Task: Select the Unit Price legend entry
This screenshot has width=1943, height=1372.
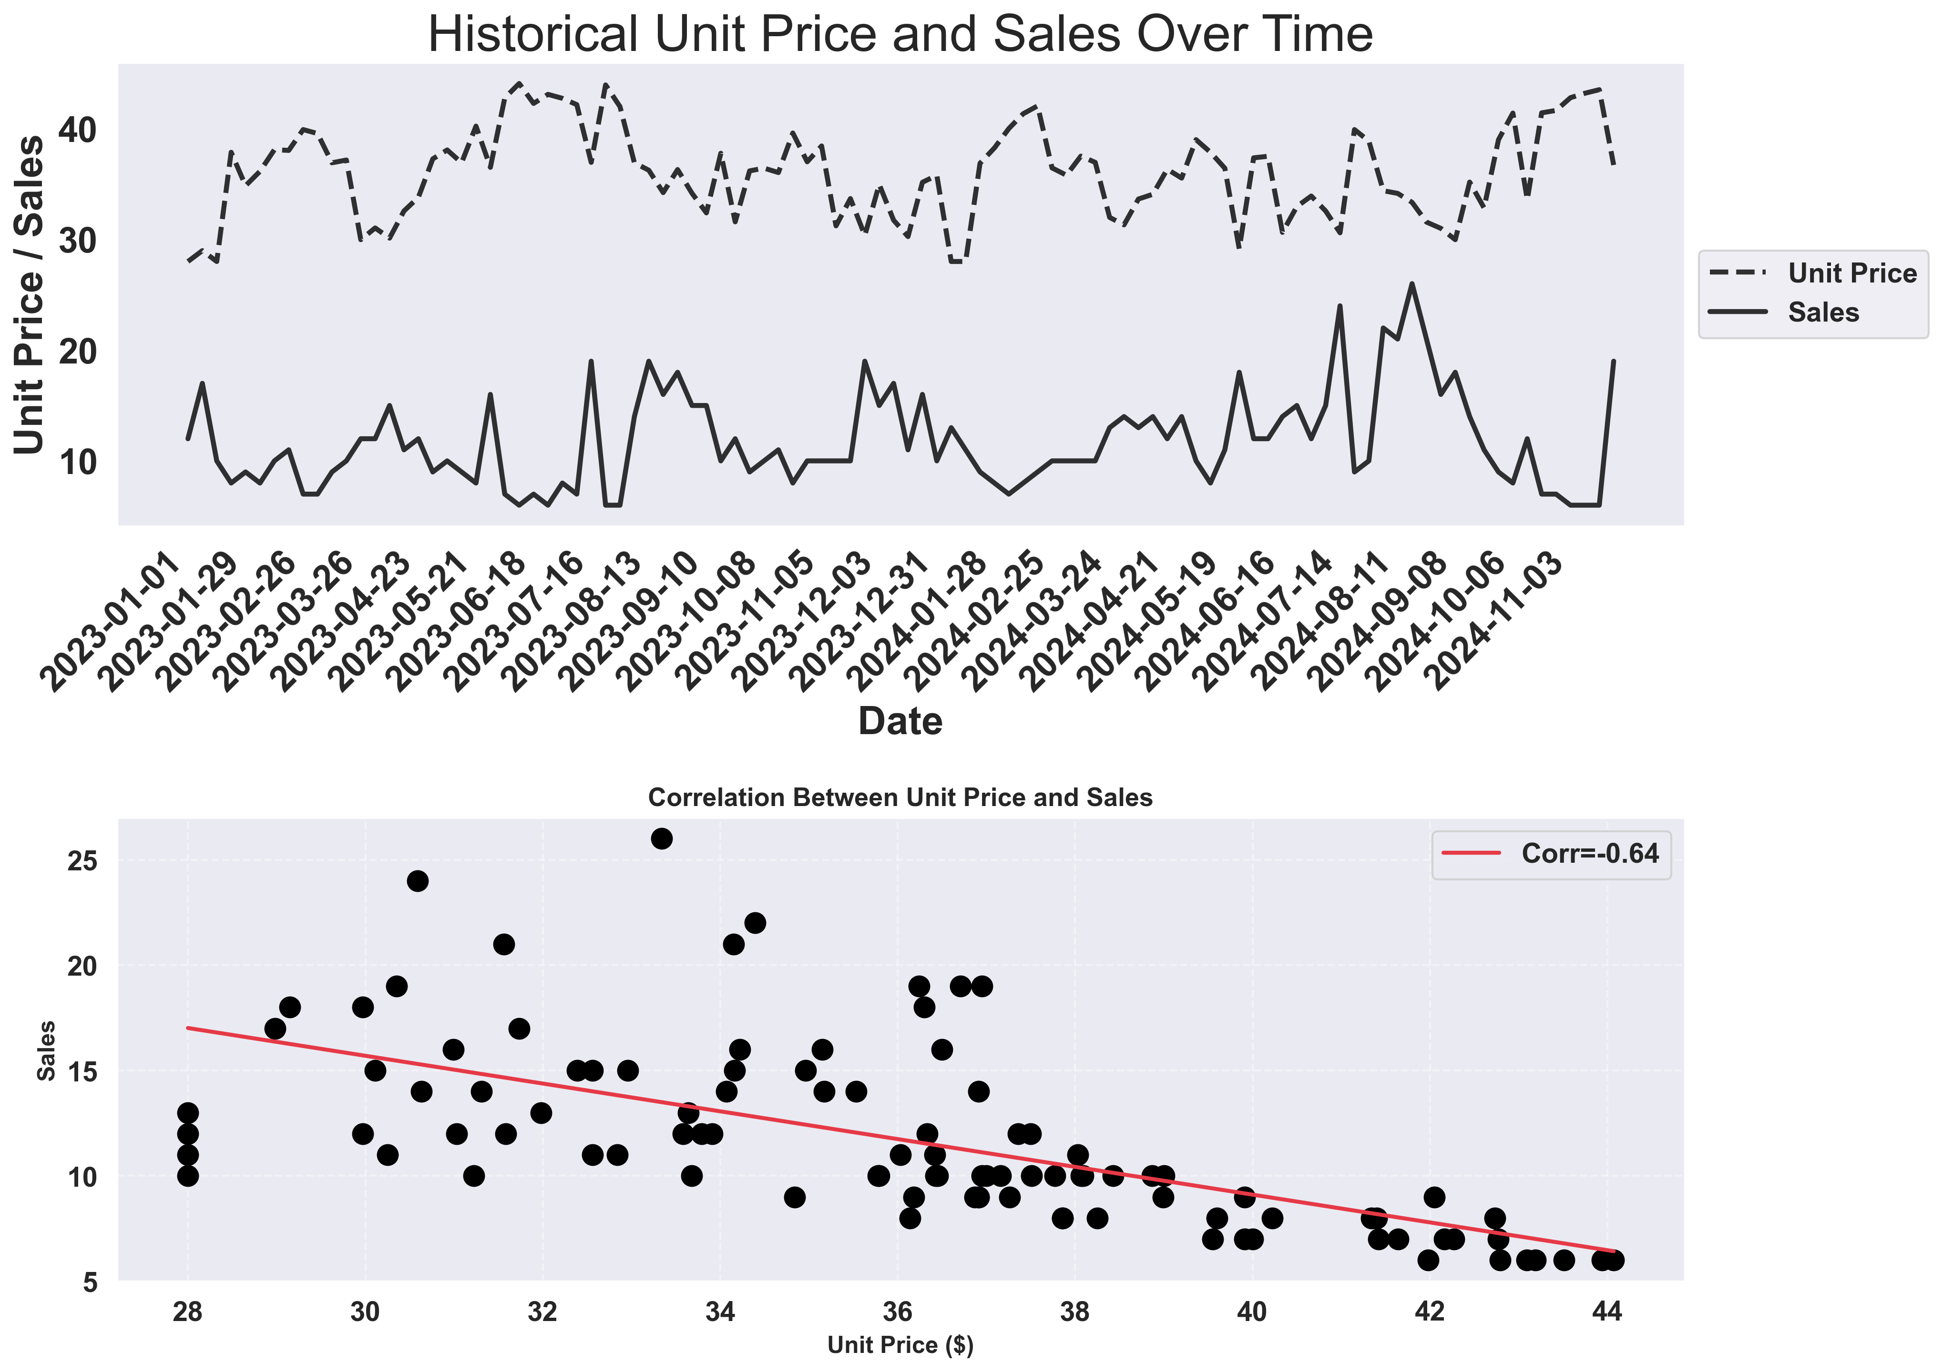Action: tap(1851, 273)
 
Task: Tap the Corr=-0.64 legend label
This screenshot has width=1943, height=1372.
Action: tap(1589, 854)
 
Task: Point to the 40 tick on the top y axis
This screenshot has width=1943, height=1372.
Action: tap(78, 130)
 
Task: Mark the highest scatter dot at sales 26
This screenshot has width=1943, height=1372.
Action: tap(662, 838)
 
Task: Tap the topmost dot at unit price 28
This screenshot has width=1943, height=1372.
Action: tap(188, 1112)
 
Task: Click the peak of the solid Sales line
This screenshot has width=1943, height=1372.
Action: tap(1411, 284)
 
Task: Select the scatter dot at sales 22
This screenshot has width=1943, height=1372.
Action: tap(755, 923)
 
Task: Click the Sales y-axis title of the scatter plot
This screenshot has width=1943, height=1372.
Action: tap(47, 1050)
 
